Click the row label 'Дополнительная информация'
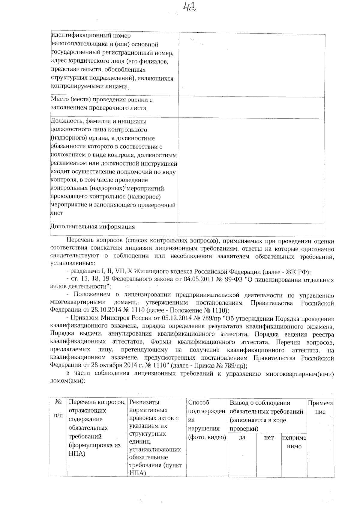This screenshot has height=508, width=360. click(92, 227)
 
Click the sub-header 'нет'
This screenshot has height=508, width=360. click(269, 438)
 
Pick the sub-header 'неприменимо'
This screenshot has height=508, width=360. click(294, 442)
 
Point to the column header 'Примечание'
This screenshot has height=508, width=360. click(320, 407)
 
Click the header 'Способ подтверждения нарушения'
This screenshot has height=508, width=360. click(207, 420)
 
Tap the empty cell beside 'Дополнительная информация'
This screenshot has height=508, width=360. click(251, 230)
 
